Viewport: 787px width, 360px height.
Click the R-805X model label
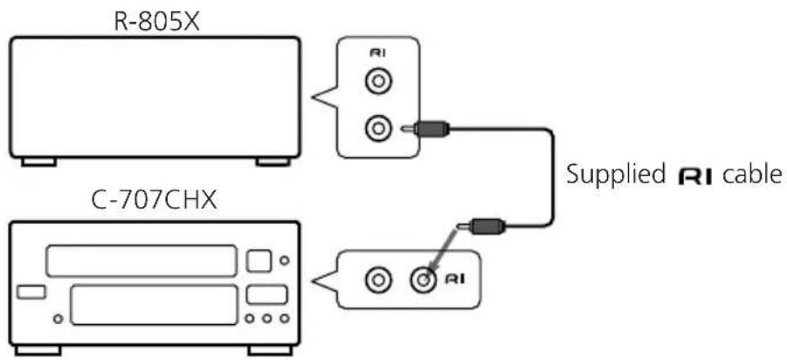point(157,22)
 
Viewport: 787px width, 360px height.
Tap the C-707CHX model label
point(155,201)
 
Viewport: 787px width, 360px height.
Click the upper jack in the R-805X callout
point(378,82)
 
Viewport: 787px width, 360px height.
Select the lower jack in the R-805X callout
point(378,129)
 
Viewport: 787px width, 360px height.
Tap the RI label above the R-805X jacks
point(377,53)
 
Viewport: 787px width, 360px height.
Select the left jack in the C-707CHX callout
point(376,280)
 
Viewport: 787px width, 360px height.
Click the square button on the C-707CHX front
point(259,260)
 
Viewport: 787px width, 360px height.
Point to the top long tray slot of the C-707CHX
point(141,260)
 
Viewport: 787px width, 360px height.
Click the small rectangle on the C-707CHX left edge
point(31,292)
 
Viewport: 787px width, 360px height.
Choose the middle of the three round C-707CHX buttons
point(267,318)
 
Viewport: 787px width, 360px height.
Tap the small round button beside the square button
point(285,260)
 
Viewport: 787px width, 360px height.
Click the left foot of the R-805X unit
point(38,162)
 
